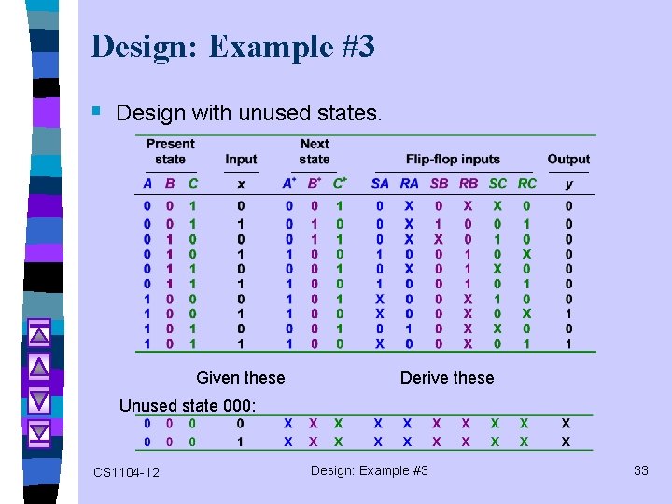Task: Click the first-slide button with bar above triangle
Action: click(x=39, y=331)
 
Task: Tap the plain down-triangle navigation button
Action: click(x=39, y=399)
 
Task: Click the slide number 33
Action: click(x=640, y=470)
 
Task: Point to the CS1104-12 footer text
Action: click(x=126, y=472)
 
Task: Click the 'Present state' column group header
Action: click(x=171, y=151)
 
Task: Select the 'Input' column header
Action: click(x=241, y=160)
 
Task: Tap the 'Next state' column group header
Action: click(x=315, y=151)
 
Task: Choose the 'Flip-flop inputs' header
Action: click(x=453, y=160)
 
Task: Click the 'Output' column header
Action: click(x=568, y=160)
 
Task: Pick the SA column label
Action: click(x=380, y=184)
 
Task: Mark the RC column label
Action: click(x=527, y=184)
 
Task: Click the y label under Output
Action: click(x=568, y=184)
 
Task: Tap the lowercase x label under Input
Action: click(x=241, y=184)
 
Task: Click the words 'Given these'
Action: click(x=241, y=377)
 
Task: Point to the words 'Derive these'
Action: click(x=447, y=377)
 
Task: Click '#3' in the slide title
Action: click(x=355, y=47)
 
